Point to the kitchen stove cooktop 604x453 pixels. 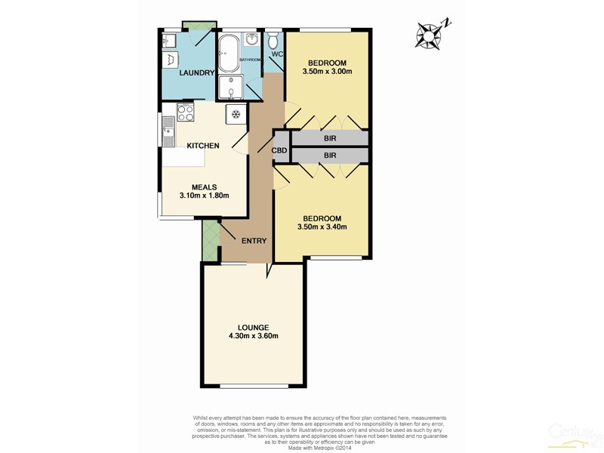click(x=185, y=113)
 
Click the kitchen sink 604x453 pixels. click(x=167, y=136)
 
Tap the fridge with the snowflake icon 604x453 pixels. click(x=236, y=115)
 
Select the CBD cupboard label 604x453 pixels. click(x=279, y=151)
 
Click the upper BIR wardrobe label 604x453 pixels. click(x=329, y=139)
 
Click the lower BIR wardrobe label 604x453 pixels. click(x=329, y=156)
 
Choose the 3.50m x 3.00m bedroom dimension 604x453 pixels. click(x=327, y=72)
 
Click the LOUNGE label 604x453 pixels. click(x=254, y=326)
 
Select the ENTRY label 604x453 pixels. click(x=254, y=241)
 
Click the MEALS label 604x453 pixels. click(x=204, y=186)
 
